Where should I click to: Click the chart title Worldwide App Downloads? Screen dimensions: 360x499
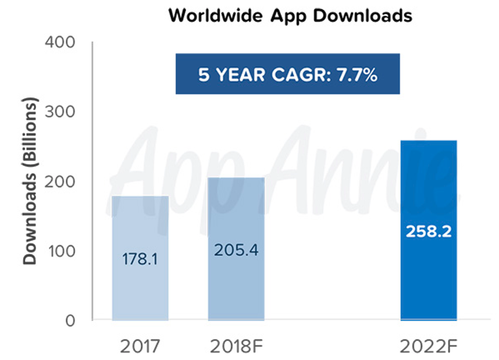tap(290, 16)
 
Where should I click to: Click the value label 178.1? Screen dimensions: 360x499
tap(140, 259)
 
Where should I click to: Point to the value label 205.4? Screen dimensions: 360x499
tap(236, 251)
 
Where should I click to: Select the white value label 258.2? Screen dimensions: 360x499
tap(429, 231)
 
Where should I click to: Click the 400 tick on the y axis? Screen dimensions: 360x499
tap(59, 42)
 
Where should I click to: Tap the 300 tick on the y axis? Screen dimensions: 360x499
tap(59, 112)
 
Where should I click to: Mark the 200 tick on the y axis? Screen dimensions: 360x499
tap(59, 181)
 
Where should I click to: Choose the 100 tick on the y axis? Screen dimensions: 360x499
tap(59, 251)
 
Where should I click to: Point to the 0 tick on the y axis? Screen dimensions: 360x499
tap(70, 320)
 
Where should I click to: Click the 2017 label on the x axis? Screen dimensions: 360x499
tap(140, 347)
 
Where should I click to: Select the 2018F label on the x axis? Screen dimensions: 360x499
tap(236, 347)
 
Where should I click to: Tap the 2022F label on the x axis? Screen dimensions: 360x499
tap(429, 347)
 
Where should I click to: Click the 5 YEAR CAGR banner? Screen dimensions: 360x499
tap(288, 74)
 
